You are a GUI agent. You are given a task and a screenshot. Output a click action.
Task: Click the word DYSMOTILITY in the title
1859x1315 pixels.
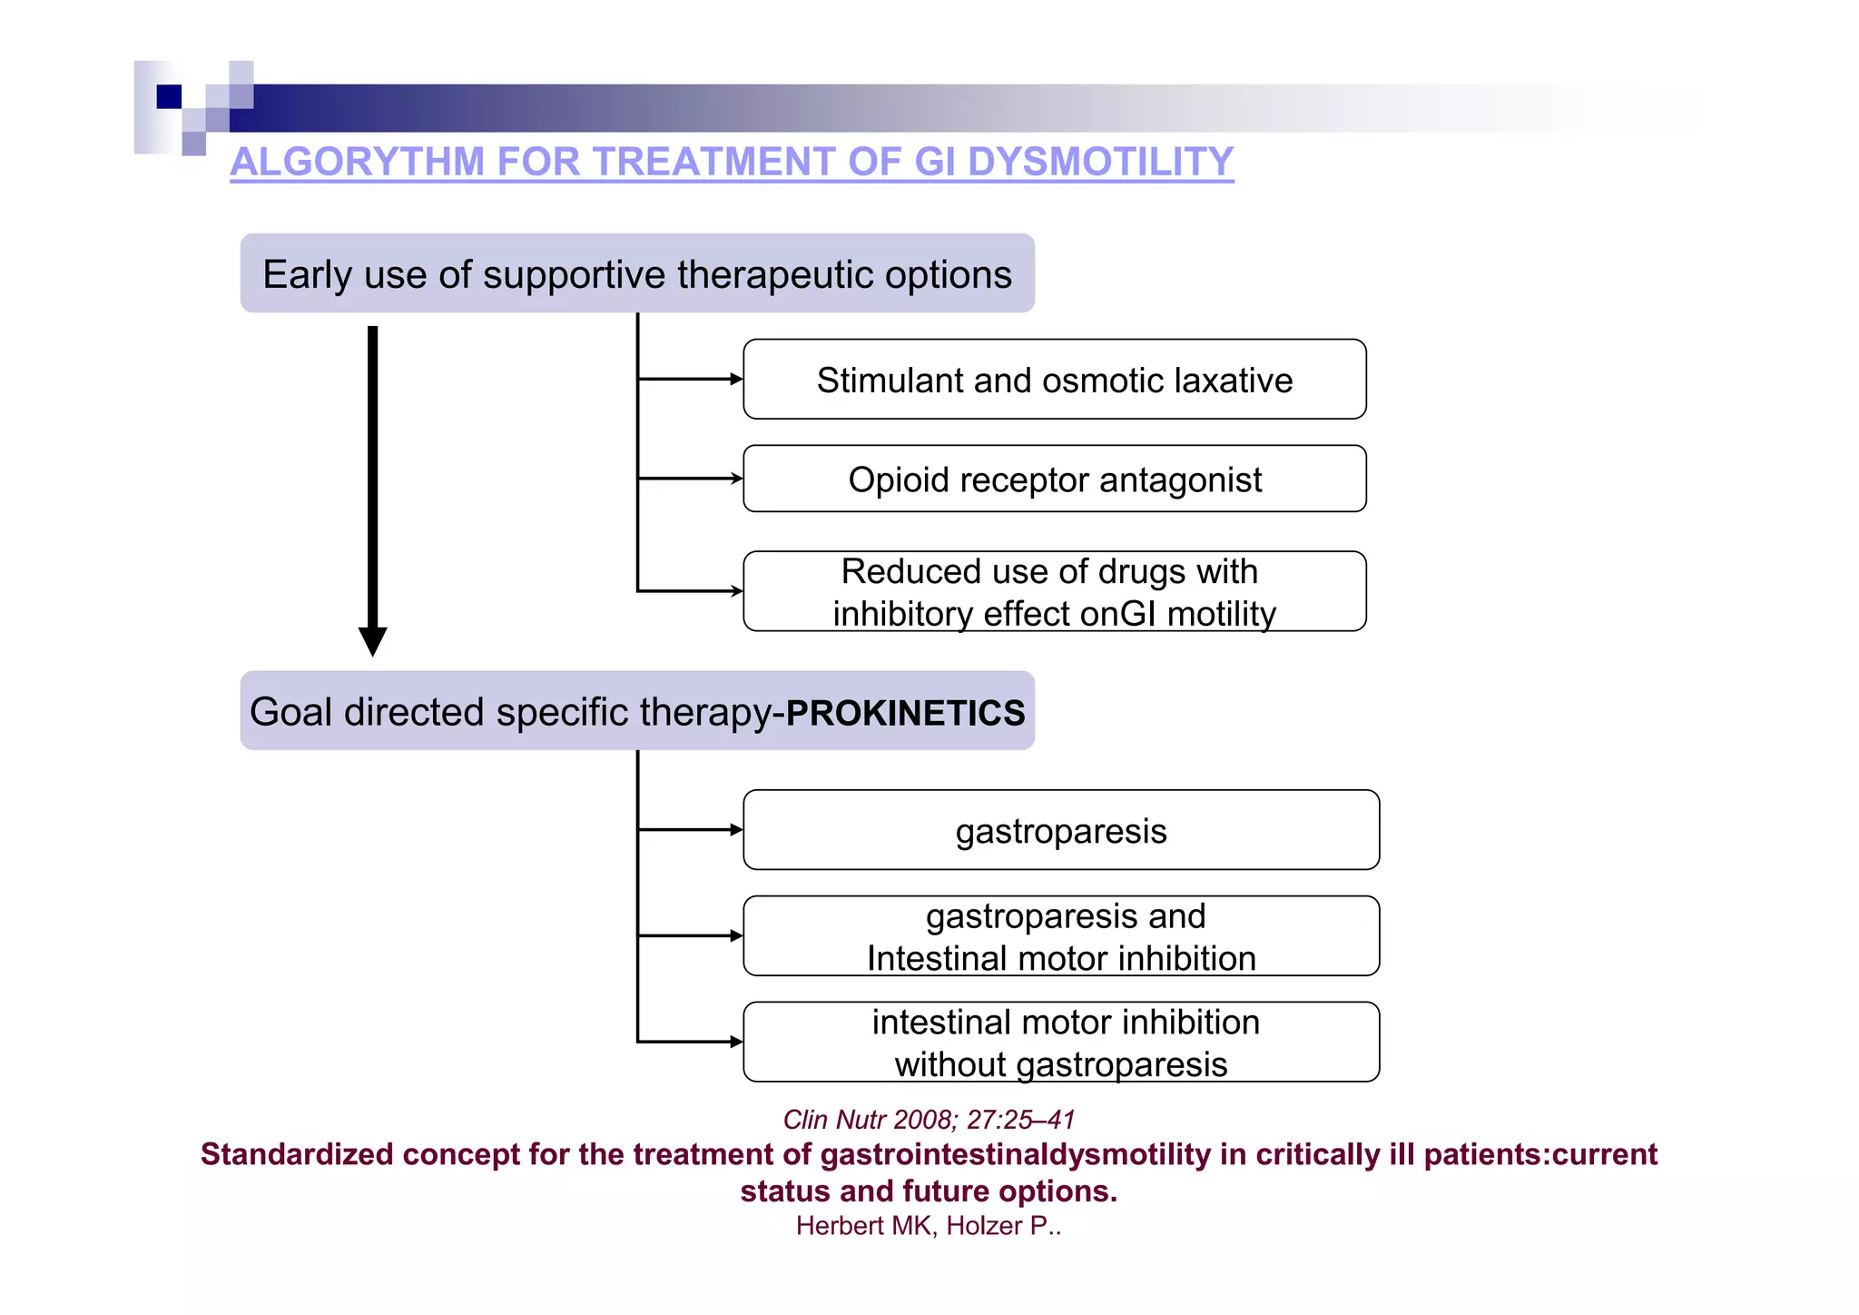[x=1100, y=162]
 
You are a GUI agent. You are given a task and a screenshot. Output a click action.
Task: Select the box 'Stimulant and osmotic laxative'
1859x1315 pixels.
[x=1054, y=380]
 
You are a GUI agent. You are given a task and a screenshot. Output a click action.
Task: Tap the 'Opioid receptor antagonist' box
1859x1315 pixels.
[x=1054, y=480]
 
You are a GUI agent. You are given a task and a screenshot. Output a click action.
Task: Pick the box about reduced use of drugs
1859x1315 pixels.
[x=1054, y=591]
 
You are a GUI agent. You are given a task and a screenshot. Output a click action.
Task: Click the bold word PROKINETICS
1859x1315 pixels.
[x=905, y=713]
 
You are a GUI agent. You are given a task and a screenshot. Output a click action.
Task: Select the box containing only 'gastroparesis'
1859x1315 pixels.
[x=1060, y=830]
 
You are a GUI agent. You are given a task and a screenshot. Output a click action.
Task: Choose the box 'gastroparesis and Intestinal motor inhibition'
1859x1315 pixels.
[x=1060, y=936]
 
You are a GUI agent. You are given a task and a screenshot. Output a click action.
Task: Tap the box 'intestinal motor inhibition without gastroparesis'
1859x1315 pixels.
[x=1060, y=1043]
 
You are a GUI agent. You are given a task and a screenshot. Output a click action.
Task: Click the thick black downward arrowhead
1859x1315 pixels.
[x=372, y=640]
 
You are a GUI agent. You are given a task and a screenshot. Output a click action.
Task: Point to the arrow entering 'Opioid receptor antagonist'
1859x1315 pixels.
[x=690, y=479]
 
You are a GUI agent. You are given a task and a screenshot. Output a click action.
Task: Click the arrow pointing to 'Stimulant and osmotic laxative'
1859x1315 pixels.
[x=690, y=379]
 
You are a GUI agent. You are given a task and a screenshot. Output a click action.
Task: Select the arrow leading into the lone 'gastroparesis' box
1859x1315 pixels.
[x=690, y=829]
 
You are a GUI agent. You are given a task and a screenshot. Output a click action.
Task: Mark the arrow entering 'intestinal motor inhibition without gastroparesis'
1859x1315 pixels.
[x=690, y=1042]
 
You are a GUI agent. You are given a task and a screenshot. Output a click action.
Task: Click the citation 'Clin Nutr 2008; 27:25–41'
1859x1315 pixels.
[x=929, y=1120]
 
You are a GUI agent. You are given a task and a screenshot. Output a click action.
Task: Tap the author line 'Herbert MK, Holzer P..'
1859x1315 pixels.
[x=929, y=1226]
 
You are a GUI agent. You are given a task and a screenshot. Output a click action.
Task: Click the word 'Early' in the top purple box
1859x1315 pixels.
[x=307, y=274]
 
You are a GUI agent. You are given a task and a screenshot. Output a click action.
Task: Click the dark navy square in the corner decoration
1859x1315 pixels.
[x=169, y=96]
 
